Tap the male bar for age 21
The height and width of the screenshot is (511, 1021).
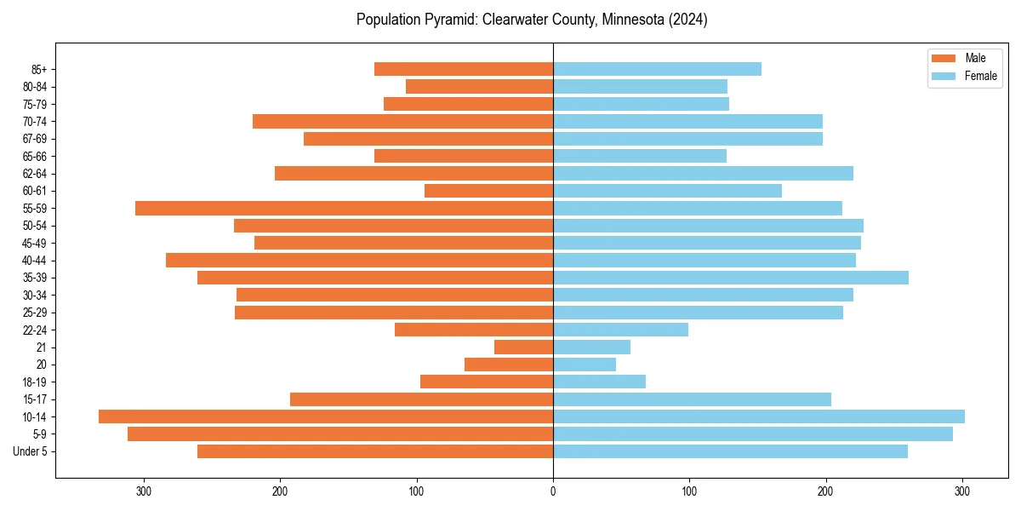tap(523, 347)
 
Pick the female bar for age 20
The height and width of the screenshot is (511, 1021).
tap(585, 365)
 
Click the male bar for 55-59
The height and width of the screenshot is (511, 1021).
tap(344, 208)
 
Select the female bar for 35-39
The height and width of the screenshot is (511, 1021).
tap(731, 278)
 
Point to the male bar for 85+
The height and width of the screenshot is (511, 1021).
tap(464, 69)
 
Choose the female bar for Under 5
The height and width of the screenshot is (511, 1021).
tap(730, 451)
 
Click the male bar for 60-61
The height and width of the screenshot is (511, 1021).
tap(488, 191)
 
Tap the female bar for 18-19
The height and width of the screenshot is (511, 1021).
tap(599, 382)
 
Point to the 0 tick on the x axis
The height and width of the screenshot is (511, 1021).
tap(553, 491)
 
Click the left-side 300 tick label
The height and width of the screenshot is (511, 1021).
tap(144, 491)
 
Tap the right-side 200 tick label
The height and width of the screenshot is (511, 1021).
tap(825, 491)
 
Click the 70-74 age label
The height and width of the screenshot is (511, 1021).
tap(35, 122)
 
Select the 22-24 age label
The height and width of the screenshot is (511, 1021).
tap(35, 330)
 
